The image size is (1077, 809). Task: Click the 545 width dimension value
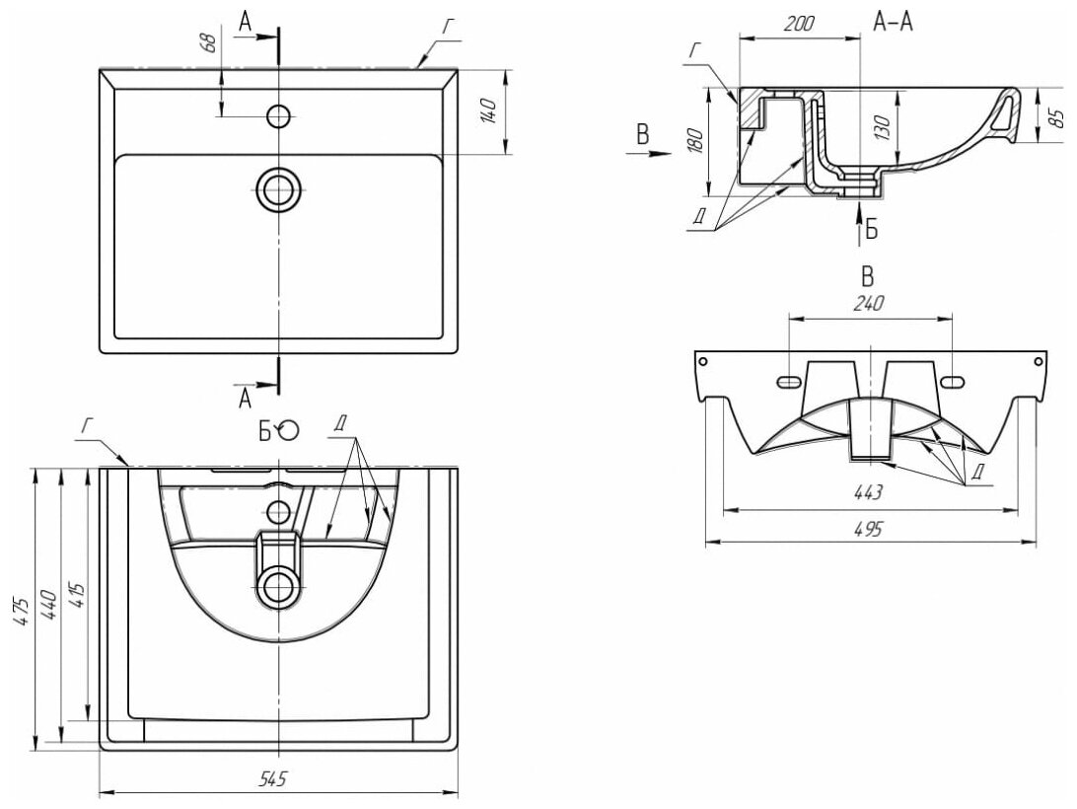point(273,779)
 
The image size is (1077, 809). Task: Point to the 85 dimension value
point(1055,116)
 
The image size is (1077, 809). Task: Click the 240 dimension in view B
point(869,304)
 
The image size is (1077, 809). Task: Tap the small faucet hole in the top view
point(279,116)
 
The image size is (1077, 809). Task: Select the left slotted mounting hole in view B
point(789,381)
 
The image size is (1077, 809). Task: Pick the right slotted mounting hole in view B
point(952,381)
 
